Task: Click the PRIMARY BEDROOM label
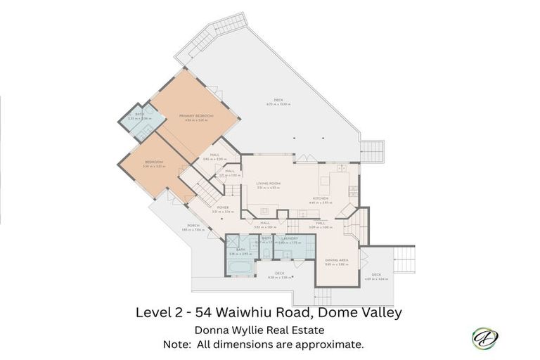[196, 115]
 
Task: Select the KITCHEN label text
[321, 198]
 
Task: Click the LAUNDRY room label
[288, 238]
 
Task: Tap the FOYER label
[222, 207]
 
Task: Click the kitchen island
[326, 184]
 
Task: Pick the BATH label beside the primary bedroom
[139, 115]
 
